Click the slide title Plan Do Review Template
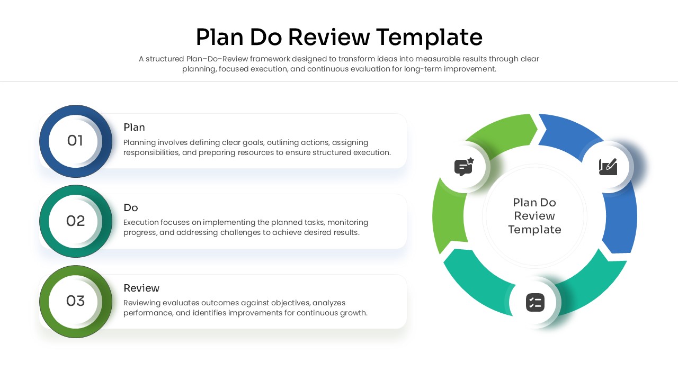(x=339, y=38)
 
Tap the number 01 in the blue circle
(x=75, y=141)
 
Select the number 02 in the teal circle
(x=75, y=221)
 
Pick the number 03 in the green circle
(x=75, y=301)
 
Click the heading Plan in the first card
(x=134, y=128)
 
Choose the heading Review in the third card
(x=141, y=288)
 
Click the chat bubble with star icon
(x=463, y=167)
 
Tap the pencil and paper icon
(x=608, y=166)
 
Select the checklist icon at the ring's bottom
(x=535, y=303)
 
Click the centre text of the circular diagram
(x=534, y=216)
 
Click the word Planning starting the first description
(x=139, y=142)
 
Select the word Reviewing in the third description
(x=142, y=303)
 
